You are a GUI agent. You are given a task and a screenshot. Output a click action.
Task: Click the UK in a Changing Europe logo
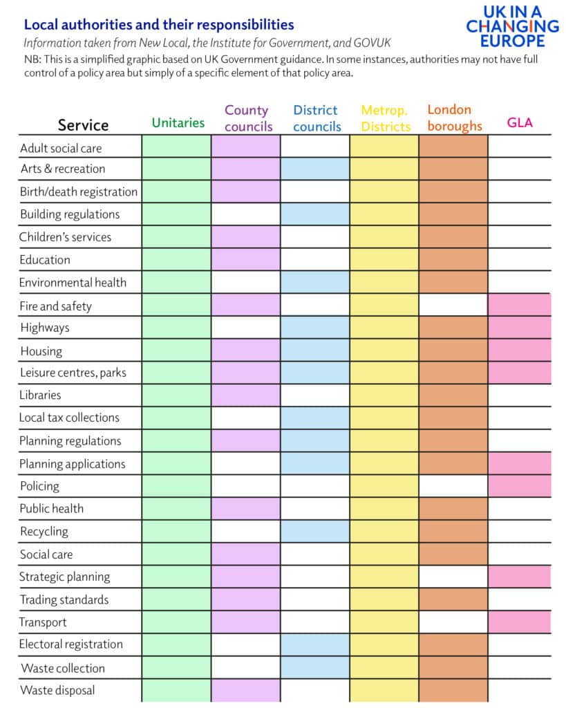pos(512,26)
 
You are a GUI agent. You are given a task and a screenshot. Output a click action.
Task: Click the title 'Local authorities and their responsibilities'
pos(159,25)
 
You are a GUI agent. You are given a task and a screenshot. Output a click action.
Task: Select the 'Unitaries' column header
pos(178,122)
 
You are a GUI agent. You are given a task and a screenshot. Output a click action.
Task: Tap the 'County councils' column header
pos(247,118)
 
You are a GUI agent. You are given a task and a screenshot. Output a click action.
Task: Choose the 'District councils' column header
pos(316,118)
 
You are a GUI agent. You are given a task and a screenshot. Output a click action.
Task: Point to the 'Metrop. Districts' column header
pos(385,118)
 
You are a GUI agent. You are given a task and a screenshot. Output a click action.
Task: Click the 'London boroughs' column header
pos(453,118)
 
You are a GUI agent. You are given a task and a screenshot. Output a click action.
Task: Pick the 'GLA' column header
pos(519,123)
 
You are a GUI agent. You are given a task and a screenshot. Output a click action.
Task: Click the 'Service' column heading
pos(83,125)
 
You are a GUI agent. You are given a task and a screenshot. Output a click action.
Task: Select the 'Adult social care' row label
pos(61,148)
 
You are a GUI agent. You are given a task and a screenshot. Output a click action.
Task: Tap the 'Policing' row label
pos(39,486)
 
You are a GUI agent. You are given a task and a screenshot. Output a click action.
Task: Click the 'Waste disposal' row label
pos(57,690)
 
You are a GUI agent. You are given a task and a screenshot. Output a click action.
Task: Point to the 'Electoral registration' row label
pos(71,644)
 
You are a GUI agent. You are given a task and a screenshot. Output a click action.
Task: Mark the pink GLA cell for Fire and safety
pos(519,305)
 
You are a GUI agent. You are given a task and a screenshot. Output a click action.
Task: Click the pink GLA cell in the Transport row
pos(519,622)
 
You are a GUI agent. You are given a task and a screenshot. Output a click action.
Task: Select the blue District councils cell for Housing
pos(315,351)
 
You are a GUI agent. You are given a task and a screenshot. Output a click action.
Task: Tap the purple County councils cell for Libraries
pos(246,395)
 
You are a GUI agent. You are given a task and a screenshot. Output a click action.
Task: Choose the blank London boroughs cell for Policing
pos(453,486)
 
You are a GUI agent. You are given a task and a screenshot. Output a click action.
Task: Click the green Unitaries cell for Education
pos(176,260)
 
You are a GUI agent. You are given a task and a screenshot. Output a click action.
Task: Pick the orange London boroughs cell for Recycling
pos(453,531)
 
